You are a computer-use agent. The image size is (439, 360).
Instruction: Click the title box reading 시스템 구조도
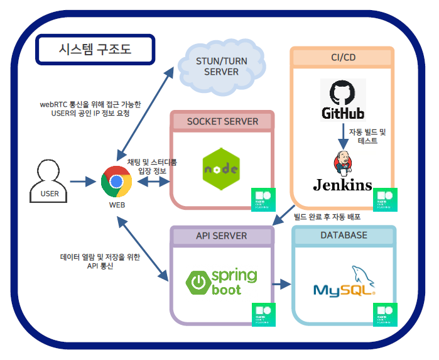click(x=95, y=50)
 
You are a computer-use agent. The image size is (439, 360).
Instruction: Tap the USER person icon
click(x=49, y=180)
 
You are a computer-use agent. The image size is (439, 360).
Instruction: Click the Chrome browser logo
click(x=116, y=182)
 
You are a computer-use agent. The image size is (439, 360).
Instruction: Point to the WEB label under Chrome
click(x=117, y=205)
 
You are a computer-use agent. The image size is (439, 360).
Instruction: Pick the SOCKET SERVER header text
click(x=222, y=121)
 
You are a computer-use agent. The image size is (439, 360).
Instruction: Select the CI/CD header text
click(x=343, y=57)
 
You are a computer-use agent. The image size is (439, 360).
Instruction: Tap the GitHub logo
click(x=343, y=99)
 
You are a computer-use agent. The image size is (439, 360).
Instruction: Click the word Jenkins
click(x=343, y=185)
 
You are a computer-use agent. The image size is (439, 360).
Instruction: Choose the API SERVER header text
click(x=222, y=236)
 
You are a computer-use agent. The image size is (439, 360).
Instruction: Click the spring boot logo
click(x=222, y=282)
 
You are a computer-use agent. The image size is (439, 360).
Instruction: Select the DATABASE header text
click(x=344, y=235)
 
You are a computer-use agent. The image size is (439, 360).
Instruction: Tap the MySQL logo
click(x=344, y=283)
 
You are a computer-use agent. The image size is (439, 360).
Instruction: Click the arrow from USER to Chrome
click(x=82, y=182)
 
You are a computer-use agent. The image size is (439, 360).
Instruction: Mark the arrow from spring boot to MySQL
click(x=285, y=285)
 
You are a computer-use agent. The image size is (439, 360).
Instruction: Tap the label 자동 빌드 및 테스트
click(x=367, y=137)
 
